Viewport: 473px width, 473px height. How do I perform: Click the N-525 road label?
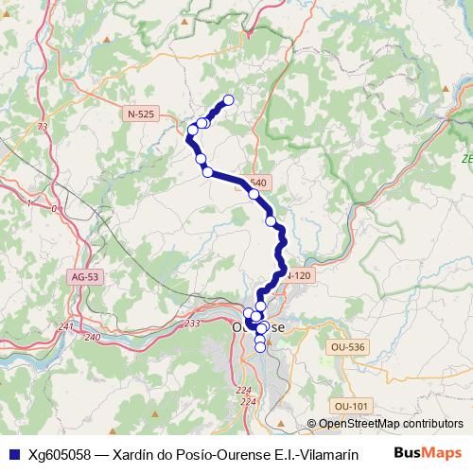(140, 114)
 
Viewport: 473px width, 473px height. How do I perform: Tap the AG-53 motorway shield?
(84, 277)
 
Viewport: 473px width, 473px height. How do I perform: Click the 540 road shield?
(258, 182)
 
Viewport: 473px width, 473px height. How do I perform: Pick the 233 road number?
(192, 324)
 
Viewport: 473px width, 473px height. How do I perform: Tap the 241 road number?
(65, 326)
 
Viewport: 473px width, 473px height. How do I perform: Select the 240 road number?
(92, 337)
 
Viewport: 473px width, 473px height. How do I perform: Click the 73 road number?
(42, 127)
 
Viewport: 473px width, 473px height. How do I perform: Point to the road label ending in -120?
(298, 275)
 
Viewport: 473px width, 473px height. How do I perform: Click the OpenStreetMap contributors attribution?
(385, 424)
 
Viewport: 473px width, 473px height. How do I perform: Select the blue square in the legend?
(12, 453)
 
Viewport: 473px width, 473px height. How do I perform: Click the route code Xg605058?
(61, 453)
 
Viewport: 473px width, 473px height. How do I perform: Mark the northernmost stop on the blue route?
(228, 100)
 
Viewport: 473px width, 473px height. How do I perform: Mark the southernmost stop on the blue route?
(261, 346)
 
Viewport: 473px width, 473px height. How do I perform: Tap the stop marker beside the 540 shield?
(254, 194)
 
